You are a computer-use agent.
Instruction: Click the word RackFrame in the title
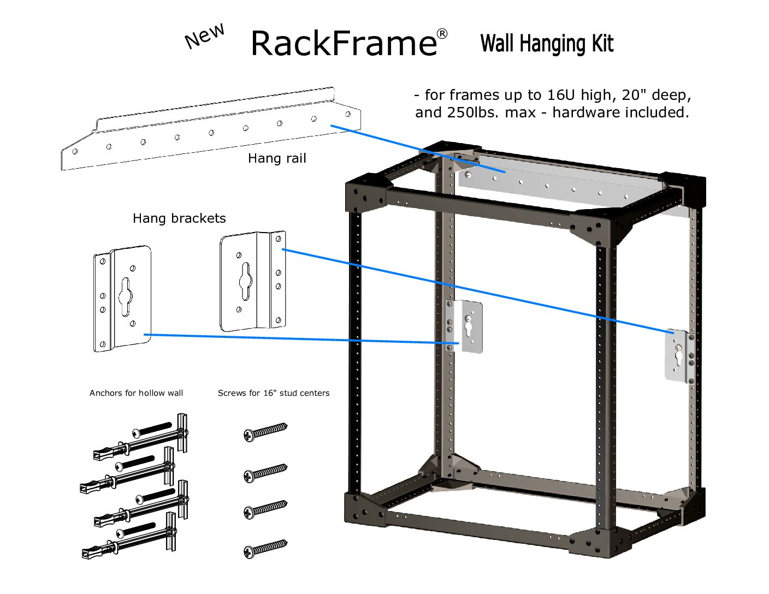(343, 44)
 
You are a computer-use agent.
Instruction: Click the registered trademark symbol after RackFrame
(442, 34)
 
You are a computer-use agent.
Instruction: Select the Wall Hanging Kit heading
(547, 44)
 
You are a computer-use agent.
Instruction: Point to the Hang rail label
(277, 158)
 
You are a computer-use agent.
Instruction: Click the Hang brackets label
(179, 218)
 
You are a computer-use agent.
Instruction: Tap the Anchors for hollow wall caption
(136, 393)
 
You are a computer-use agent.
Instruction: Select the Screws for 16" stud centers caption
(274, 393)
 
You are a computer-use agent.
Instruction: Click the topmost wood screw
(265, 431)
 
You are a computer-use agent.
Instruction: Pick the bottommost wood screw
(265, 549)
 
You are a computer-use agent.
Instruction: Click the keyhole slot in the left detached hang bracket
(126, 295)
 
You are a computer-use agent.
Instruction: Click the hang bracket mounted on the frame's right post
(679, 356)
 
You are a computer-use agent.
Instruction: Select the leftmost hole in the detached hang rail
(75, 151)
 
